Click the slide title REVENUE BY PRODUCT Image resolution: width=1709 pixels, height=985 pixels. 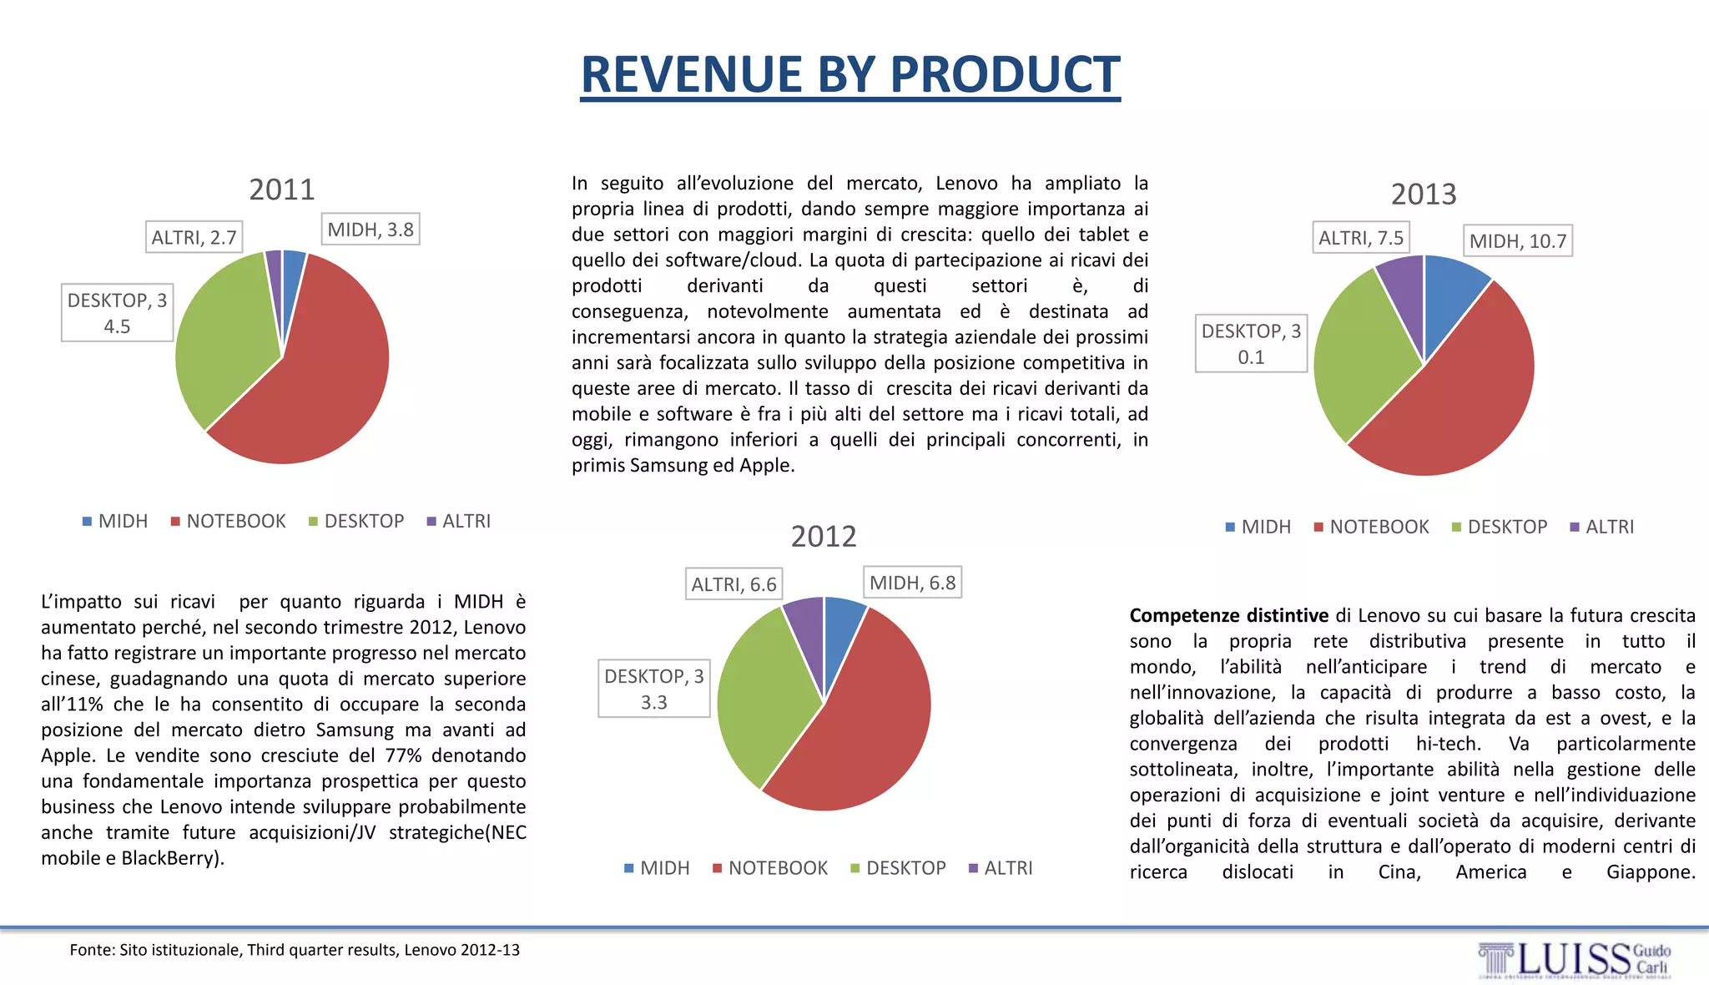click(x=849, y=75)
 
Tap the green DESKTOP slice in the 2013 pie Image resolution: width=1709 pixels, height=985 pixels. click(x=1356, y=351)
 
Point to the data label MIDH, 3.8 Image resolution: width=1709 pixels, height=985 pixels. click(x=370, y=230)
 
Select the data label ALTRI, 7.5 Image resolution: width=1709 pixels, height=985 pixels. click(x=1360, y=238)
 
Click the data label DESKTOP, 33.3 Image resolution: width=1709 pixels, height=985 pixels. click(x=653, y=689)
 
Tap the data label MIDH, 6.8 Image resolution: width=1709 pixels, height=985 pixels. click(x=911, y=583)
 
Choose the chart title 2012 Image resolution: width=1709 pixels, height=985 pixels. click(x=824, y=536)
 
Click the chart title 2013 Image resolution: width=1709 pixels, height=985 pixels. click(x=1423, y=194)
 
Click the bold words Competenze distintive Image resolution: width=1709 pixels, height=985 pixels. click(x=1228, y=616)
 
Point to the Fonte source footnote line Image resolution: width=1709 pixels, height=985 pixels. click(x=295, y=950)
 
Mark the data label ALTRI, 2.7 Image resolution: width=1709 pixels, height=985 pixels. click(x=194, y=238)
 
